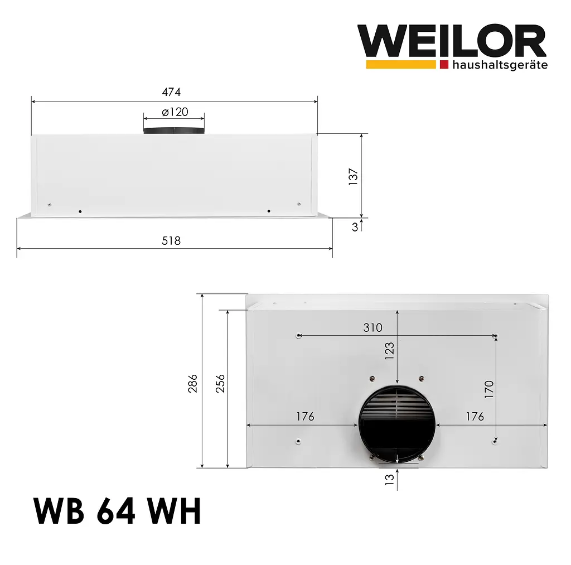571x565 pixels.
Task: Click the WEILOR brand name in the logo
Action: coord(452,41)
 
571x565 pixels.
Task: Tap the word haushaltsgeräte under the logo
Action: coord(500,65)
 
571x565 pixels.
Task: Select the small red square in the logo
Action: coord(444,65)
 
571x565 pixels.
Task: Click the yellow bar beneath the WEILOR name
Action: coord(400,65)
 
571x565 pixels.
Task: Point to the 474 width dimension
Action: coord(171,92)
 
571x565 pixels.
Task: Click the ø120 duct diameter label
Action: coord(175,112)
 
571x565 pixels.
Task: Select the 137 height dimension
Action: coord(353,177)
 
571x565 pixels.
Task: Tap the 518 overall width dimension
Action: coord(171,241)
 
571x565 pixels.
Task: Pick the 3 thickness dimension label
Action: coord(355,227)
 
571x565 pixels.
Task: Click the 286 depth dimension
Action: coord(192,383)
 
